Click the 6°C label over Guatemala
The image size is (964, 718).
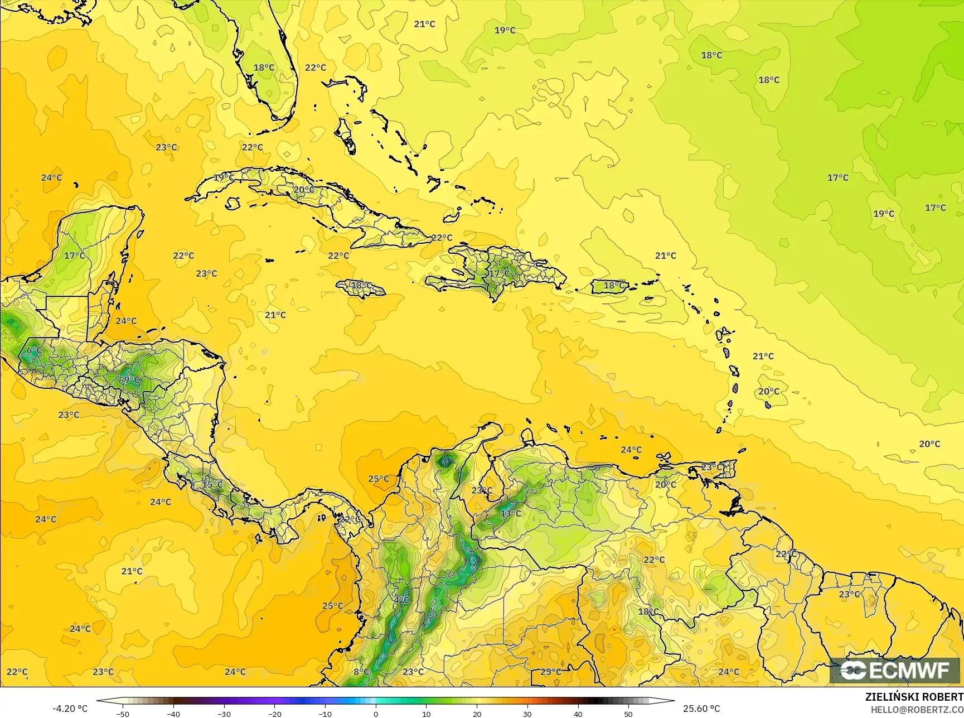coord(34,350)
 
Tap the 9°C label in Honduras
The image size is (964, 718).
coord(130,380)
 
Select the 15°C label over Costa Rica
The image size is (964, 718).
coord(212,484)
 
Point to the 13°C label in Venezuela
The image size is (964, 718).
coord(510,513)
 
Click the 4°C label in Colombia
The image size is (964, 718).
coord(401,600)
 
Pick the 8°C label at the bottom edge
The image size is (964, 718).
coord(361,672)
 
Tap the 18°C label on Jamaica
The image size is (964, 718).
coord(361,285)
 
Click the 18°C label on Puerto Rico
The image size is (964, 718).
coord(614,285)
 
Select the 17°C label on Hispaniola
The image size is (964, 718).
coord(499,273)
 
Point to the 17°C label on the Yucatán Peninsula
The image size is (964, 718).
coord(74,256)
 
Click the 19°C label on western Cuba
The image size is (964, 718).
coord(224,177)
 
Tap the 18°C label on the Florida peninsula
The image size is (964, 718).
coord(264,68)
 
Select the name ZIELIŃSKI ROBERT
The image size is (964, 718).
coord(914,697)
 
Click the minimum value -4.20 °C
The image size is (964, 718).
coord(70,709)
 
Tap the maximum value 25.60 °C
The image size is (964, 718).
coord(701,709)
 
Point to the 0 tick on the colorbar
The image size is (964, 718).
coord(376,714)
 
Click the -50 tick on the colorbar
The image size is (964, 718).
coord(123,714)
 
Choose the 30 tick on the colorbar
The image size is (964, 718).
coord(527,714)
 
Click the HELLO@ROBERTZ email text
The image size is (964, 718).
coord(917,709)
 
